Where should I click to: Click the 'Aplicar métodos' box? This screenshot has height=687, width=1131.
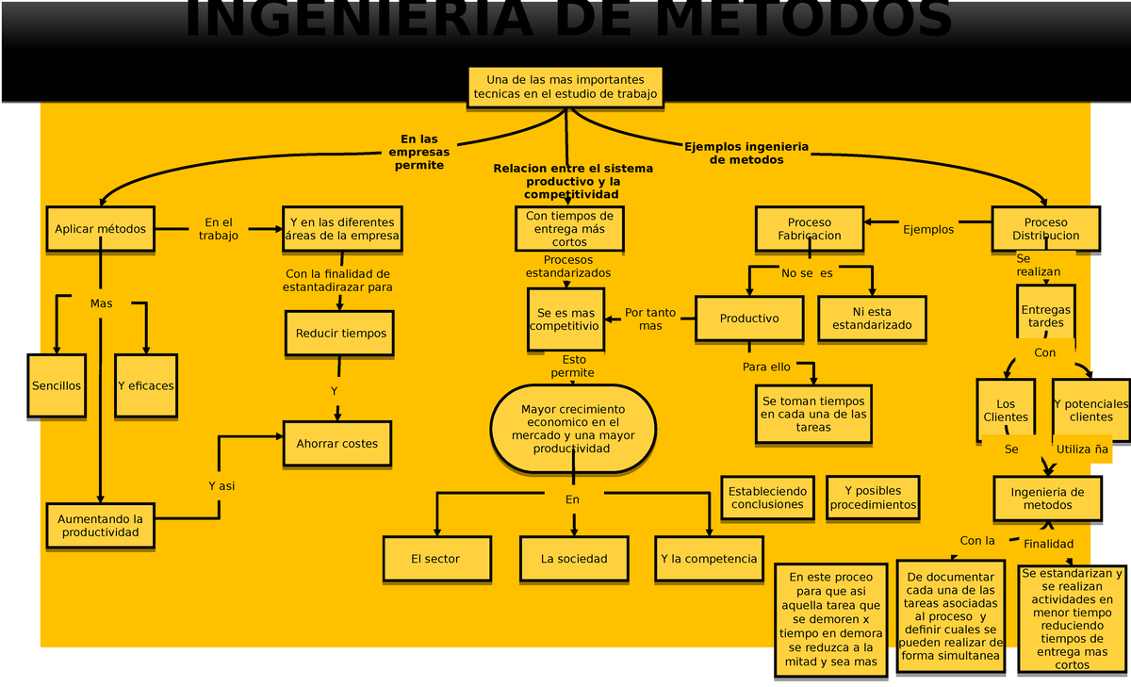click(100, 229)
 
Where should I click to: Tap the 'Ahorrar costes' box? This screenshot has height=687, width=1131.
click(336, 443)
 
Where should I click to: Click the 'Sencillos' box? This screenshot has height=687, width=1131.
click(57, 385)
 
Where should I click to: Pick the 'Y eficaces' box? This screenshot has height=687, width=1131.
click(145, 385)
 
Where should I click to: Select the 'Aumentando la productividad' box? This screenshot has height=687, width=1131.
click(100, 525)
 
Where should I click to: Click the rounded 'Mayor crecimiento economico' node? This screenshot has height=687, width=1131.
click(572, 429)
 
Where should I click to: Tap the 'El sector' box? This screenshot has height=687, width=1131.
click(435, 559)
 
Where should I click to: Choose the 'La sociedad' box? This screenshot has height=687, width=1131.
click(574, 559)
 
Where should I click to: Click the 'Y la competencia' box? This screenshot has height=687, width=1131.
click(709, 559)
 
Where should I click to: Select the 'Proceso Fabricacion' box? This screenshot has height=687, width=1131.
click(810, 229)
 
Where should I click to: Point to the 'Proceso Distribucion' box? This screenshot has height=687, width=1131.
click(1045, 229)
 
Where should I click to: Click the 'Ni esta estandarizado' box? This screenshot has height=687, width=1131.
click(872, 319)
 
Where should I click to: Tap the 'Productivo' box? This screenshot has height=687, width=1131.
click(749, 319)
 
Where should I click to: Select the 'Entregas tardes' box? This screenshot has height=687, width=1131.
click(1045, 316)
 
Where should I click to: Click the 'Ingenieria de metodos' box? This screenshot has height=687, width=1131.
click(1047, 499)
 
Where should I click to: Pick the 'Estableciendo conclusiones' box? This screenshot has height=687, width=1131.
click(767, 498)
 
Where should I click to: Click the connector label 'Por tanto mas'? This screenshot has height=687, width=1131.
click(650, 319)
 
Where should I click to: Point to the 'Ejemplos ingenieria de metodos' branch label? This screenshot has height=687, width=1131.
click(746, 153)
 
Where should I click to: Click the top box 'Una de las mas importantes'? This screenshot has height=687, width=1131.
click(565, 87)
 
